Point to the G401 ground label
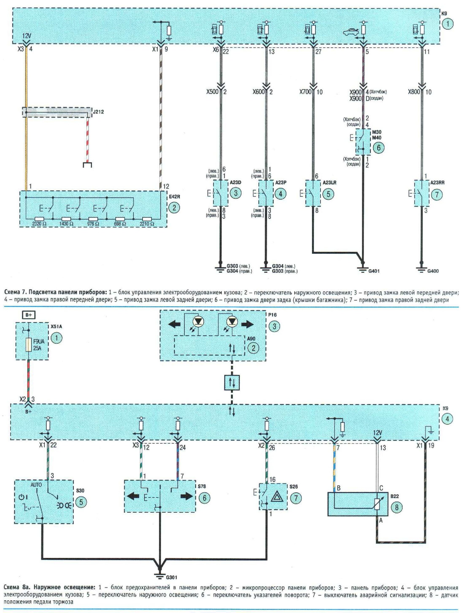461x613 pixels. tap(374, 271)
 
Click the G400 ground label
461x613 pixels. tap(433, 271)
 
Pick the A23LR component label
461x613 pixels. tap(329, 183)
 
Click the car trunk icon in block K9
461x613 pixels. tap(351, 33)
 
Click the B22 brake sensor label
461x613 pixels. tap(395, 496)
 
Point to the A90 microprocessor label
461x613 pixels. tap(251, 339)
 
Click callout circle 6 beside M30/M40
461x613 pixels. tap(379, 148)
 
